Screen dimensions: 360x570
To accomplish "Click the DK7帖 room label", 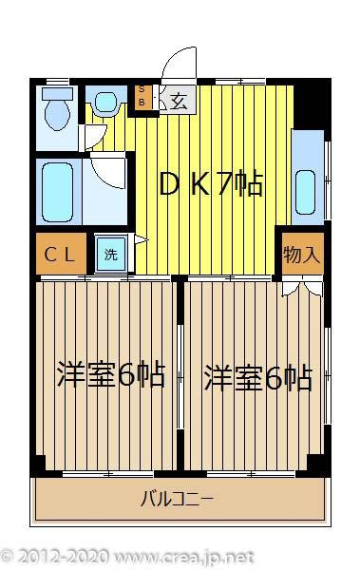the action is (211, 183).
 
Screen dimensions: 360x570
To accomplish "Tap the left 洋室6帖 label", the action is (111, 374).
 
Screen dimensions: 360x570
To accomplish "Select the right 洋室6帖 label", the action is (258, 377).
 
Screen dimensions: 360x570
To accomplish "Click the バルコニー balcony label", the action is (177, 499).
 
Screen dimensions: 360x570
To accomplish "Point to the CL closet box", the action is (61, 254).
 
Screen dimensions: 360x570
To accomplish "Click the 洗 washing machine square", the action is (111, 254).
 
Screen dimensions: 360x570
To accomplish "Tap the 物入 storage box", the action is (303, 254).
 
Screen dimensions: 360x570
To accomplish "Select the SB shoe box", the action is (142, 97).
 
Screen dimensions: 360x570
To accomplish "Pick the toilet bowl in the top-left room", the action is (57, 114).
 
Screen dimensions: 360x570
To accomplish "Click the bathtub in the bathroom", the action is (58, 192).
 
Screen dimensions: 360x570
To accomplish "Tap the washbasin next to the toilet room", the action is (106, 103).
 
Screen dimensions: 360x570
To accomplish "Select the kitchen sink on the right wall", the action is (306, 192).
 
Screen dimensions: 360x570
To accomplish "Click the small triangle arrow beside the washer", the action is (142, 239).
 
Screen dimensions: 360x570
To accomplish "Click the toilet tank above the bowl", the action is (57, 93).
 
